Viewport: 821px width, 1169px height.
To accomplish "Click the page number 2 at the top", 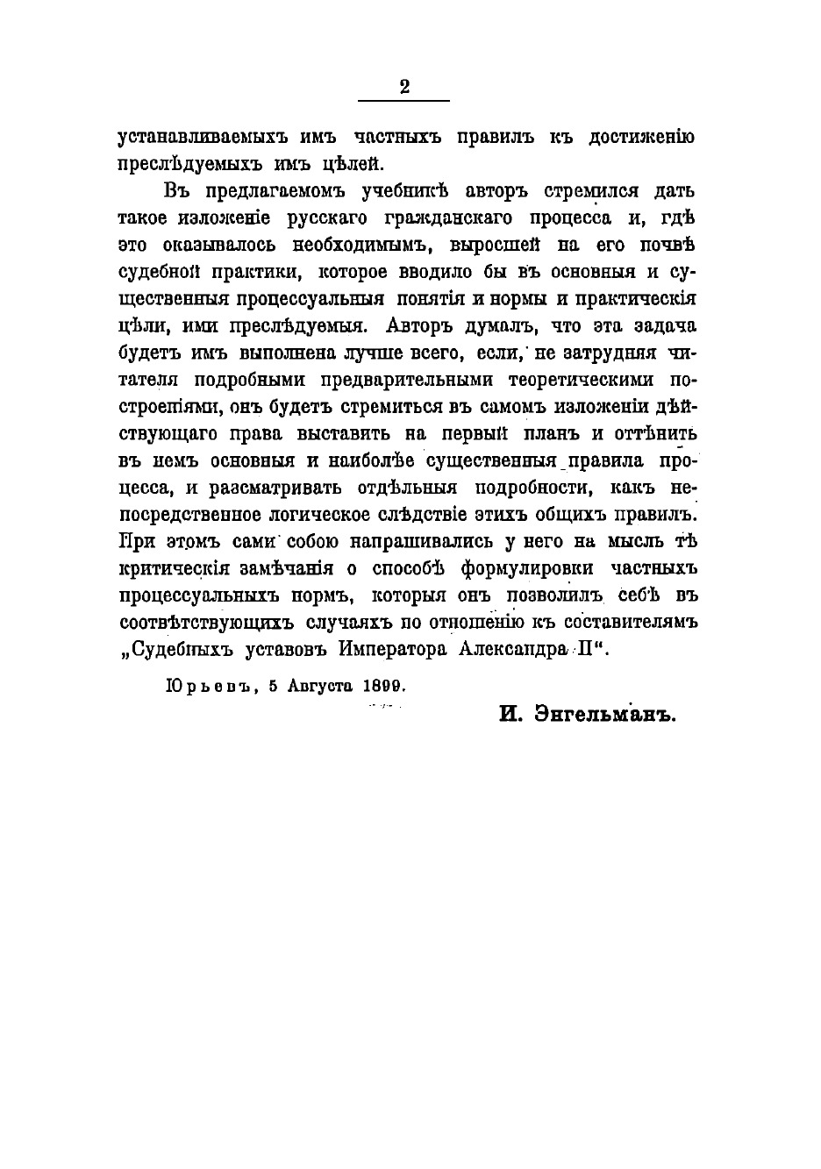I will [x=404, y=86].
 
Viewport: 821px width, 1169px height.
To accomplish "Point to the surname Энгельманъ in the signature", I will [x=607, y=715].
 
